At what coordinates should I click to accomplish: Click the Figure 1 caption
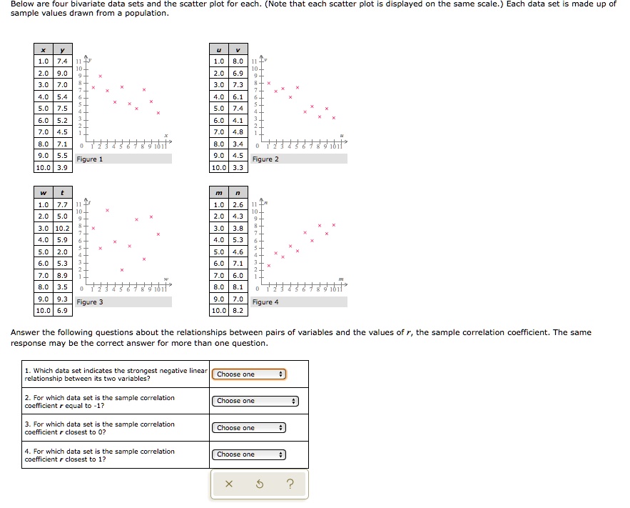[90, 159]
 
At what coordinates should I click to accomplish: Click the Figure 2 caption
[265, 159]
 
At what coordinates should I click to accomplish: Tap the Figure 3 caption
[90, 302]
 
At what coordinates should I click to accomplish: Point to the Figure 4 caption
[265, 302]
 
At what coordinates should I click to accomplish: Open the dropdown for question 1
[250, 374]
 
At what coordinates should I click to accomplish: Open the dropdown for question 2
[255, 401]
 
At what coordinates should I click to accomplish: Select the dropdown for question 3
[250, 428]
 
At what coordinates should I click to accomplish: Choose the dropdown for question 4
[250, 454]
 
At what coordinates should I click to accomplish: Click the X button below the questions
[228, 485]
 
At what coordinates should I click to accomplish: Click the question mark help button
[289, 485]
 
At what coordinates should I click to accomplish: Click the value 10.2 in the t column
[62, 228]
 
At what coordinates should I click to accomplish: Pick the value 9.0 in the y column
[62, 73]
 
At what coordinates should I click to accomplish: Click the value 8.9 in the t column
[62, 275]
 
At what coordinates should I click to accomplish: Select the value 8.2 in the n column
[238, 311]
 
